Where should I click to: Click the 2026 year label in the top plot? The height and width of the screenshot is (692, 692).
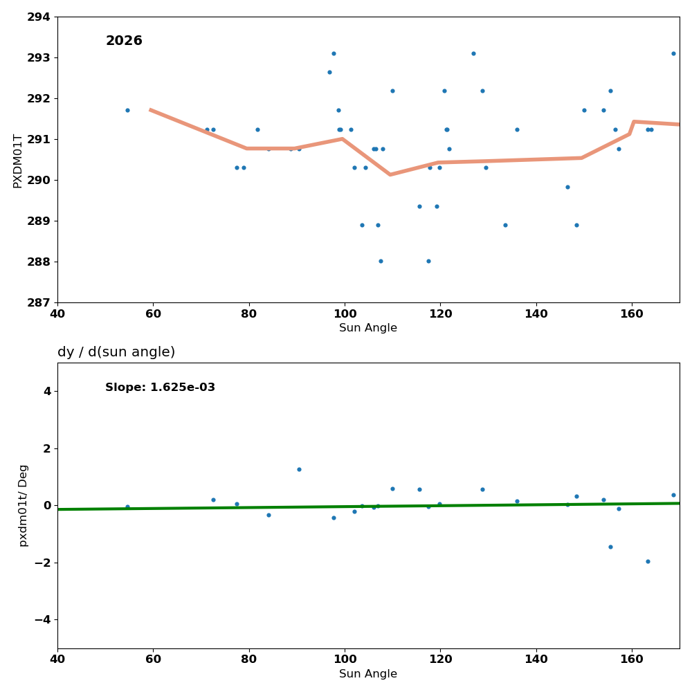124,41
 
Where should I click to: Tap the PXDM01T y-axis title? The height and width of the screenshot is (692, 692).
18,161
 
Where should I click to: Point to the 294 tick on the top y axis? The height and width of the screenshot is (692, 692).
39,17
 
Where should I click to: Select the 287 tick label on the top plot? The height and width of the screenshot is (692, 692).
39,302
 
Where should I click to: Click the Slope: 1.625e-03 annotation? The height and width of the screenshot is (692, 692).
160,388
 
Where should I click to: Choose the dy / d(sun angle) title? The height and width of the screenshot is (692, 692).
116,352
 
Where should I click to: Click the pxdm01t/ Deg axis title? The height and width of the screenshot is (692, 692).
24,505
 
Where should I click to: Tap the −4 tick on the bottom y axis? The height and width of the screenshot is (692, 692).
43,619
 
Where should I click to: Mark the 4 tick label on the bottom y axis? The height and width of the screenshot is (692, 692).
47,391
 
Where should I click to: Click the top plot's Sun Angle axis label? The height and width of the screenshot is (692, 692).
368,328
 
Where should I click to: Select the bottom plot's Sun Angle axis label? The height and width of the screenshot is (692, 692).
368,674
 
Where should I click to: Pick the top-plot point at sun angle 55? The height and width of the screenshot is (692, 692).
127,110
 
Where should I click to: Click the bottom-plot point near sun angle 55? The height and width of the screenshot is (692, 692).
127,507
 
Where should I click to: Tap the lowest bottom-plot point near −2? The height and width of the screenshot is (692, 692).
648,561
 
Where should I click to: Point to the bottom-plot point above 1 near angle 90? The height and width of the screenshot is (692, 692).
299,469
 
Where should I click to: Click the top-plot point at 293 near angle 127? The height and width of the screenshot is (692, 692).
473,53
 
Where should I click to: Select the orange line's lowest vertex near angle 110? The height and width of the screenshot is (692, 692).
390,174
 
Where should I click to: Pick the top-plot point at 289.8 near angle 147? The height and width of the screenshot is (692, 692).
567,187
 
